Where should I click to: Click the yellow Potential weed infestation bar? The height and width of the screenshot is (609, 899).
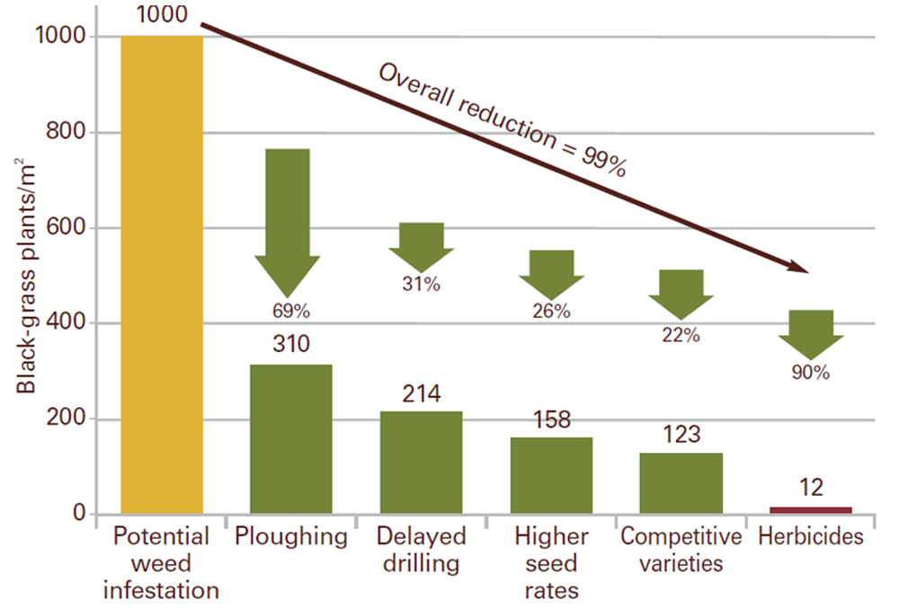[162, 275]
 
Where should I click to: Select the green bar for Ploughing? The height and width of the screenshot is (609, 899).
[291, 439]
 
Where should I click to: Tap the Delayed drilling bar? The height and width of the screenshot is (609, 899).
[421, 463]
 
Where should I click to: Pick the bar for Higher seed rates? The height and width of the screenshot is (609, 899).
[551, 476]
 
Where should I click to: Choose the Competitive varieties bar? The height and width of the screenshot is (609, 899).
[681, 483]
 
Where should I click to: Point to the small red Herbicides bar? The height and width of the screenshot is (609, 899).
[811, 510]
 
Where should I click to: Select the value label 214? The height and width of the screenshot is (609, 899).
[421, 393]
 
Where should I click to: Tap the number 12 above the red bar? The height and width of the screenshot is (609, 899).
[811, 489]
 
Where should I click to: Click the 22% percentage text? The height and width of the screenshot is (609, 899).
[681, 336]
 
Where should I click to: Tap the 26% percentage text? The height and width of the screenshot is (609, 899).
[551, 312]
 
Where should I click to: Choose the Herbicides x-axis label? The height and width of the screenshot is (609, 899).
[811, 537]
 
